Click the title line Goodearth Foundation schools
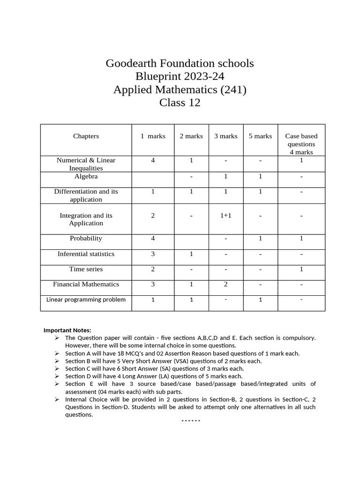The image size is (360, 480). tap(180, 63)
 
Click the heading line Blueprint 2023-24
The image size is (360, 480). tap(180, 76)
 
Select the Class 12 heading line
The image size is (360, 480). tap(180, 103)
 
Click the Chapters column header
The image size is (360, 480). tap(86, 136)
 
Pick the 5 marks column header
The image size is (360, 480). tap(260, 136)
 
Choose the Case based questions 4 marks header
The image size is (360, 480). tap(301, 144)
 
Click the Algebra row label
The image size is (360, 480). tap(86, 177)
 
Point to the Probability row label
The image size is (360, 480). tap(86, 239)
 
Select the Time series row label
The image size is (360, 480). tap(86, 270)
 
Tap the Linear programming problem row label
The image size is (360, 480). tap(86, 300)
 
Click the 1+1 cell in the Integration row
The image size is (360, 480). tap(226, 216)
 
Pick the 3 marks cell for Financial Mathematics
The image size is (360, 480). tap(226, 285)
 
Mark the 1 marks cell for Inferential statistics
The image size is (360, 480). tap(153, 254)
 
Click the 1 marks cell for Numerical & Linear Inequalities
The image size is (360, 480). tap(153, 160)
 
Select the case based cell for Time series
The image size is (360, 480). tap(301, 270)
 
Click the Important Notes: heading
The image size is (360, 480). tap(67, 330)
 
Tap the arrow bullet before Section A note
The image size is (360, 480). tap(57, 353)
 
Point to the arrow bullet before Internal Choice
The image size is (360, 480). tap(57, 399)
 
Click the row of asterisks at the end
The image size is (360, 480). tap(191, 421)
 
